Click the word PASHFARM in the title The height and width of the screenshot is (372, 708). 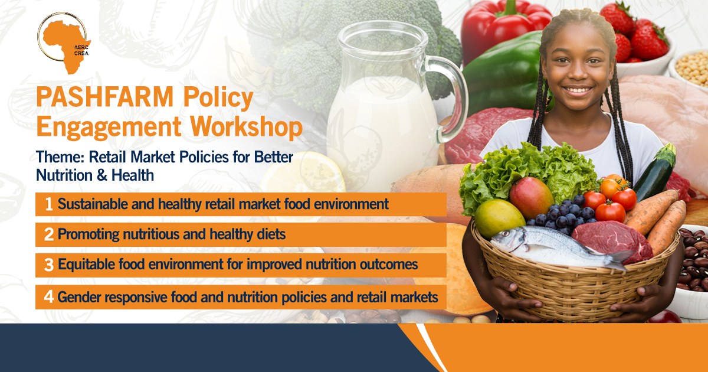coord(105,97)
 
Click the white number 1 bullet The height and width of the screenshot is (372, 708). coord(49,204)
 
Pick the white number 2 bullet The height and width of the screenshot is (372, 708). coord(49,234)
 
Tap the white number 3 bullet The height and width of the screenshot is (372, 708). coord(49,265)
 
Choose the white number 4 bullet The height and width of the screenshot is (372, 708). coord(48,297)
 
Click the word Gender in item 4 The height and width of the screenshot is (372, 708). coord(78,298)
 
